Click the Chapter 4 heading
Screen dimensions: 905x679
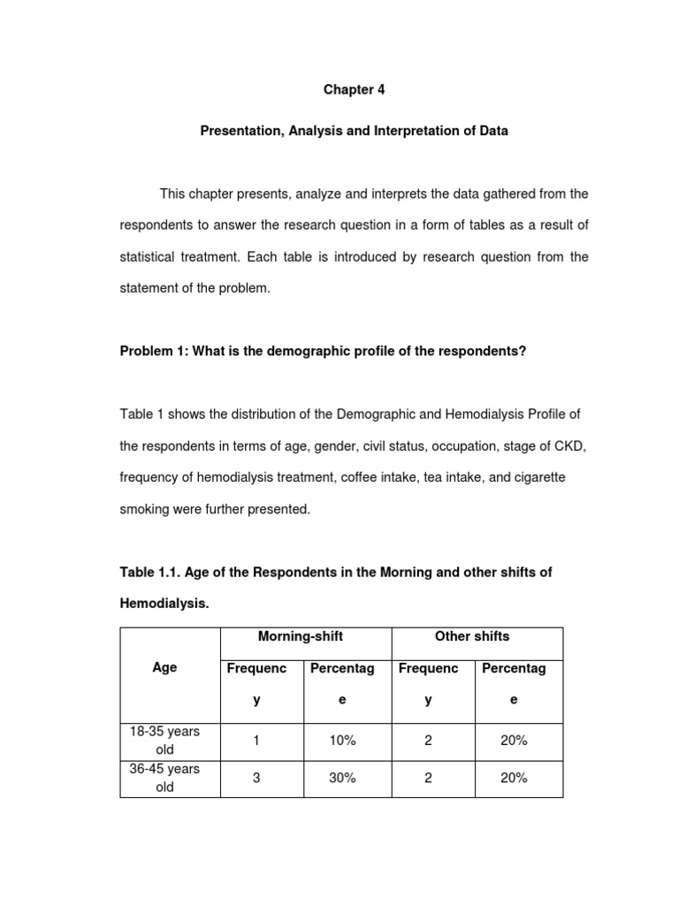pyautogui.click(x=354, y=90)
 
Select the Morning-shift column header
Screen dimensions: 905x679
pyautogui.click(x=300, y=636)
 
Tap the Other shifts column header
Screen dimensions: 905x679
pyautogui.click(x=472, y=636)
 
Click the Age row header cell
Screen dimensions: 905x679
pyautogui.click(x=164, y=668)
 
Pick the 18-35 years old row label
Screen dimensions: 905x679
pyautogui.click(x=164, y=741)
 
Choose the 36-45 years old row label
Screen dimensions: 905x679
pyautogui.click(x=164, y=778)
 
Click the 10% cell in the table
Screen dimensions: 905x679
pyautogui.click(x=342, y=741)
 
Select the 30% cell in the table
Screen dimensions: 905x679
pyautogui.click(x=342, y=778)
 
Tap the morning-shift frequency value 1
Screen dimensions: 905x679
pyautogui.click(x=256, y=741)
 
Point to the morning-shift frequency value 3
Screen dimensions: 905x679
pyautogui.click(x=256, y=778)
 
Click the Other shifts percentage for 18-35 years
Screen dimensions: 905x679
pyautogui.click(x=514, y=741)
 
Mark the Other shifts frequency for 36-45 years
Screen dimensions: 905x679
pyautogui.click(x=428, y=778)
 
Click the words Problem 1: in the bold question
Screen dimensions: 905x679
pyautogui.click(x=150, y=351)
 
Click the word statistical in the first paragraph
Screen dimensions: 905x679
pyautogui.click(x=151, y=257)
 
